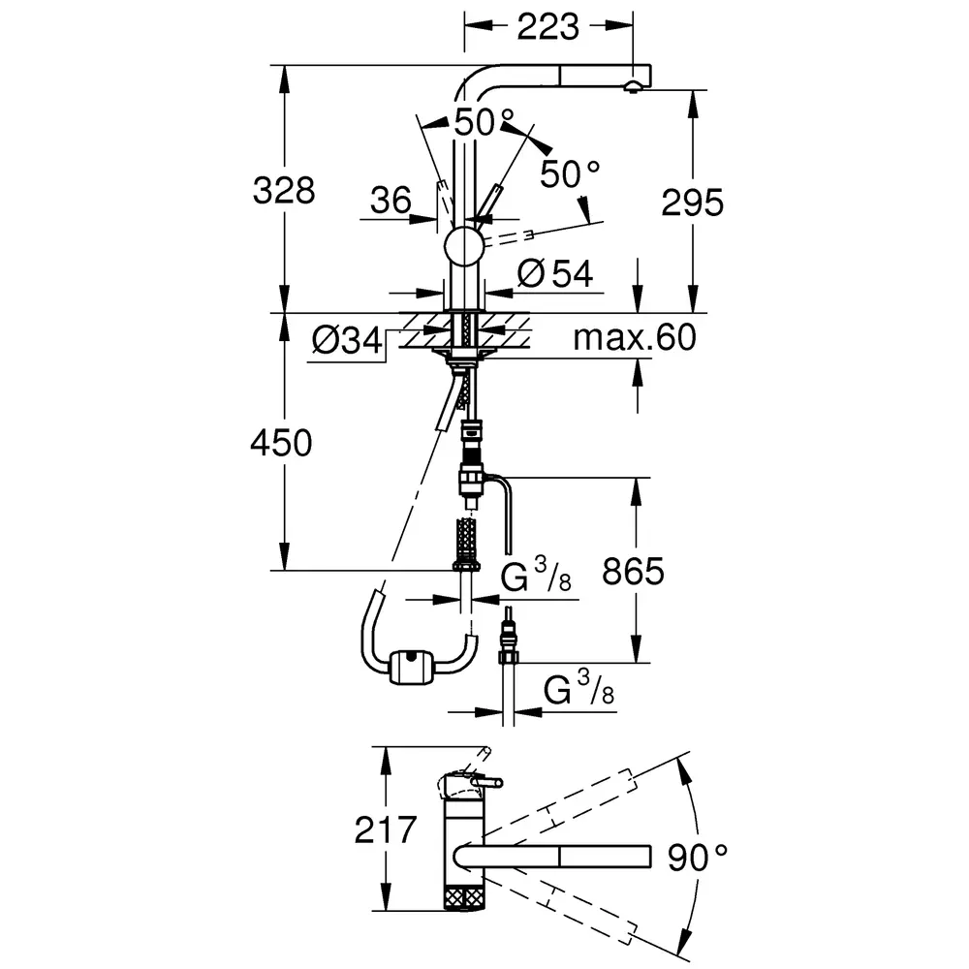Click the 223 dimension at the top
547,26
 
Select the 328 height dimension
284,190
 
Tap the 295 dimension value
692,203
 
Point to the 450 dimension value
281,443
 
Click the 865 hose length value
634,571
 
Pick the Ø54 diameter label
555,273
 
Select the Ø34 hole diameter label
347,340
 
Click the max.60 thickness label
635,337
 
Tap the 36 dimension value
391,201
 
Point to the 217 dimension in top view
386,829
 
